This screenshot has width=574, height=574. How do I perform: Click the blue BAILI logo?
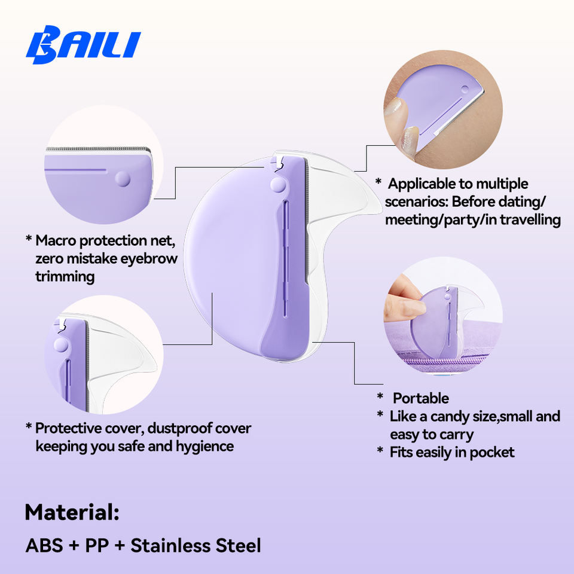pyautogui.click(x=83, y=45)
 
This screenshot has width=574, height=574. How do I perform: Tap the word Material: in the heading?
pyautogui.click(x=72, y=512)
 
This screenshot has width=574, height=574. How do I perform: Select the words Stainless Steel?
pyautogui.click(x=196, y=545)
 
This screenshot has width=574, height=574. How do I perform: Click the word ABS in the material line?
pyautogui.click(x=44, y=545)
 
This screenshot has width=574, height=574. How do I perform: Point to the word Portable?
pyautogui.click(x=420, y=398)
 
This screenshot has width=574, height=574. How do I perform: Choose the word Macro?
pyautogui.click(x=56, y=240)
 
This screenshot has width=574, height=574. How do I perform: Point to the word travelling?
pyautogui.click(x=530, y=219)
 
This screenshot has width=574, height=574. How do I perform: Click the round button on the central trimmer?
pyautogui.click(x=278, y=185)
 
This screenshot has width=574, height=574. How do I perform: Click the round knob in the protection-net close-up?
pyautogui.click(x=123, y=179)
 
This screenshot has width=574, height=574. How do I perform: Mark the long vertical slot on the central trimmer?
pyautogui.click(x=286, y=258)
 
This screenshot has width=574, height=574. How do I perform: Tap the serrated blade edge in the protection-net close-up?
pyautogui.click(x=98, y=149)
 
